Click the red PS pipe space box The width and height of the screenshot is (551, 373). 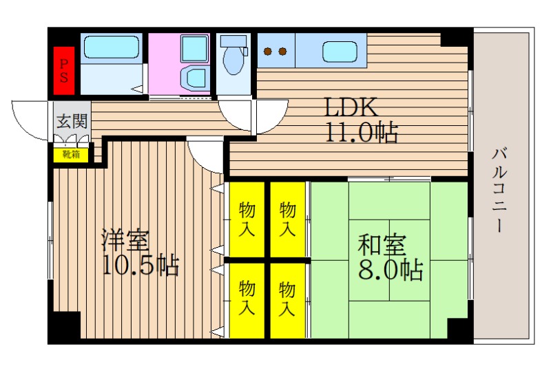pos(64,71)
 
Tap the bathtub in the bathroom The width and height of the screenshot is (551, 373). pos(112,47)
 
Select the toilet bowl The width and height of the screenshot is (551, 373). pos(233,61)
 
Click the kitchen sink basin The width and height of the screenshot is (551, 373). pos(340,52)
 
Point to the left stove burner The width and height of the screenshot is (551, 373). pos(268,52)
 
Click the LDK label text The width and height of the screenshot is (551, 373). pos(351,107)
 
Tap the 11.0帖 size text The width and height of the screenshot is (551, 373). pos(362,132)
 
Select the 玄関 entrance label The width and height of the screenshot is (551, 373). pos(72,121)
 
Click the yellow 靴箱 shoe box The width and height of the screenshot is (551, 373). pos(71,155)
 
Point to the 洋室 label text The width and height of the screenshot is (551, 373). pos(125,240)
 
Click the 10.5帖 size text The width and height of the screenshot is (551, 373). pos(141,264)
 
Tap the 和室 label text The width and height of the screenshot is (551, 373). pos(382,245)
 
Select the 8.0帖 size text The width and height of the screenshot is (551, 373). pos(391,269)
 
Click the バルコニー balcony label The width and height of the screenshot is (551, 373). pos(499,190)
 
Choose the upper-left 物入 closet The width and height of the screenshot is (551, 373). pos(247,220)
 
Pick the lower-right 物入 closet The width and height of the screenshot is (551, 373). pos(287,301)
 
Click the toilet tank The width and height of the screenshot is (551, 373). pos(233,41)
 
